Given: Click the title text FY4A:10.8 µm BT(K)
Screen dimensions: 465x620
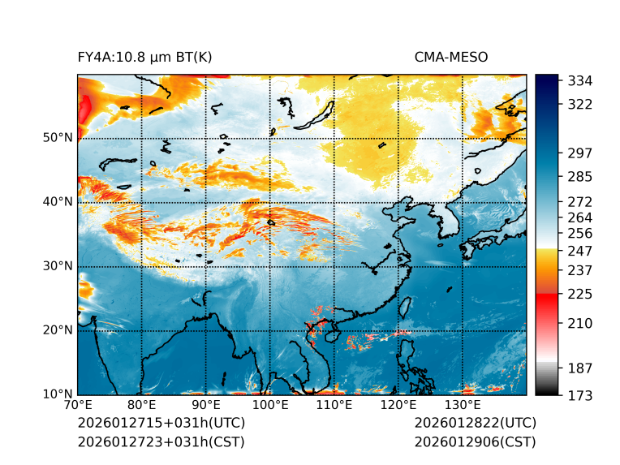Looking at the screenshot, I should [144, 57].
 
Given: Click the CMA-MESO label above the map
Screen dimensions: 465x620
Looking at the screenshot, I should [451, 57].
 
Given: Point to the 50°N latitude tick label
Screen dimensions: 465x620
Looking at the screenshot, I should [57, 138].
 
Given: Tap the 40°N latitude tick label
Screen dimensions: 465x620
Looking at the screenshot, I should [57, 202].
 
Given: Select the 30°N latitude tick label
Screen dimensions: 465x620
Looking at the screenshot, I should [57, 266].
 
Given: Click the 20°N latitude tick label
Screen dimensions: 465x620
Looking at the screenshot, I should [57, 330].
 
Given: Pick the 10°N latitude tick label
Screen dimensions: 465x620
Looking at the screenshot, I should [57, 394].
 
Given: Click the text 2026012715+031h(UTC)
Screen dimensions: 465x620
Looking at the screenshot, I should [161, 424].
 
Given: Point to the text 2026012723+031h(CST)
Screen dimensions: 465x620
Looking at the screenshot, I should [161, 442].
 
